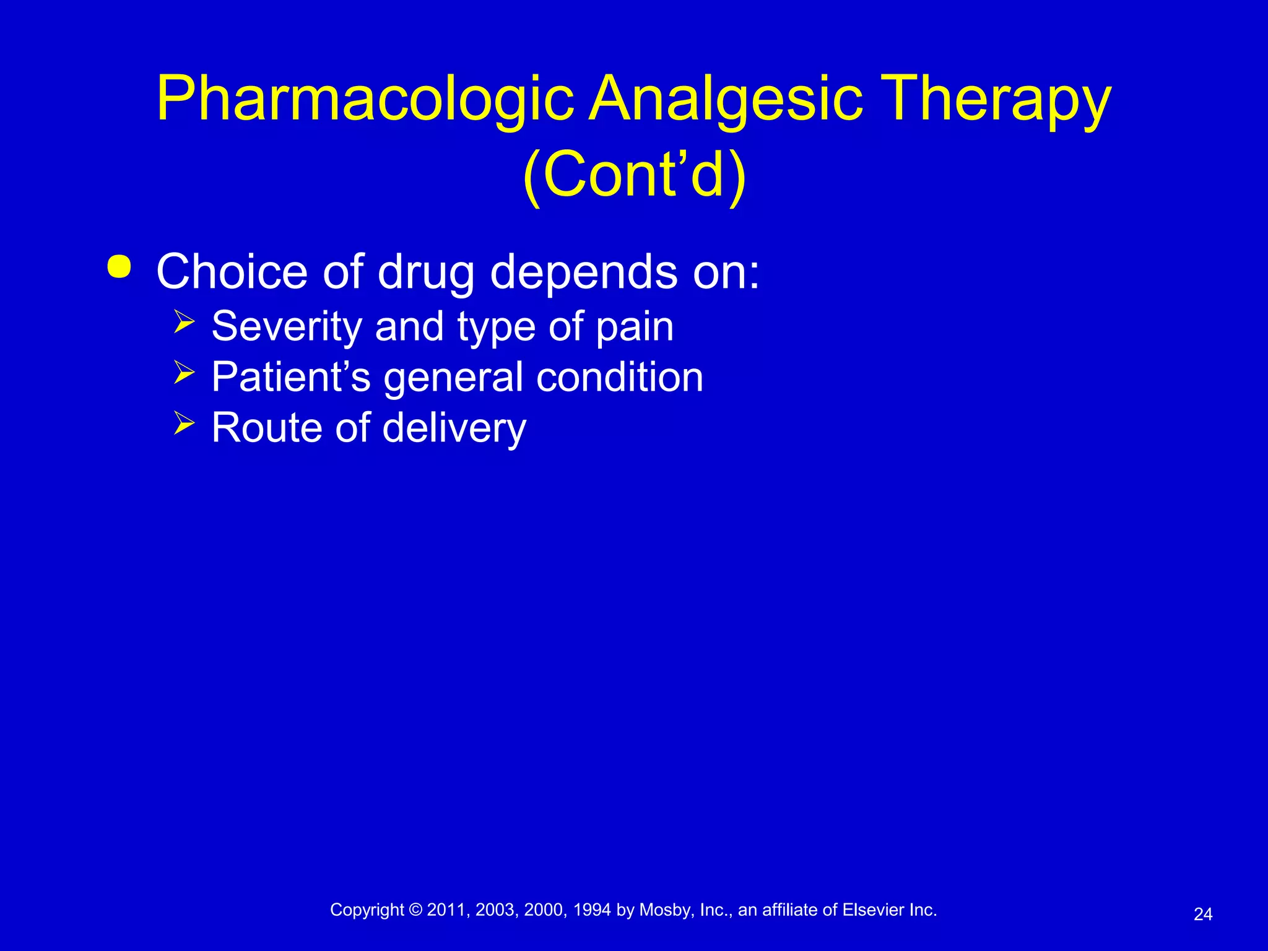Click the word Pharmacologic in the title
pos(365,99)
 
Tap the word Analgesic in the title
pos(725,99)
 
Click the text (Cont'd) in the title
pos(634,175)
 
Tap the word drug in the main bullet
pos(426,272)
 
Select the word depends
pos(584,272)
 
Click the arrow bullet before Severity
pos(185,322)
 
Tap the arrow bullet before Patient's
pos(185,373)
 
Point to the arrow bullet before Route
pos(185,423)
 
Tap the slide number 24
pos(1202,914)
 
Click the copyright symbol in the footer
pos(415,910)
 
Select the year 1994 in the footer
pos(592,910)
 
